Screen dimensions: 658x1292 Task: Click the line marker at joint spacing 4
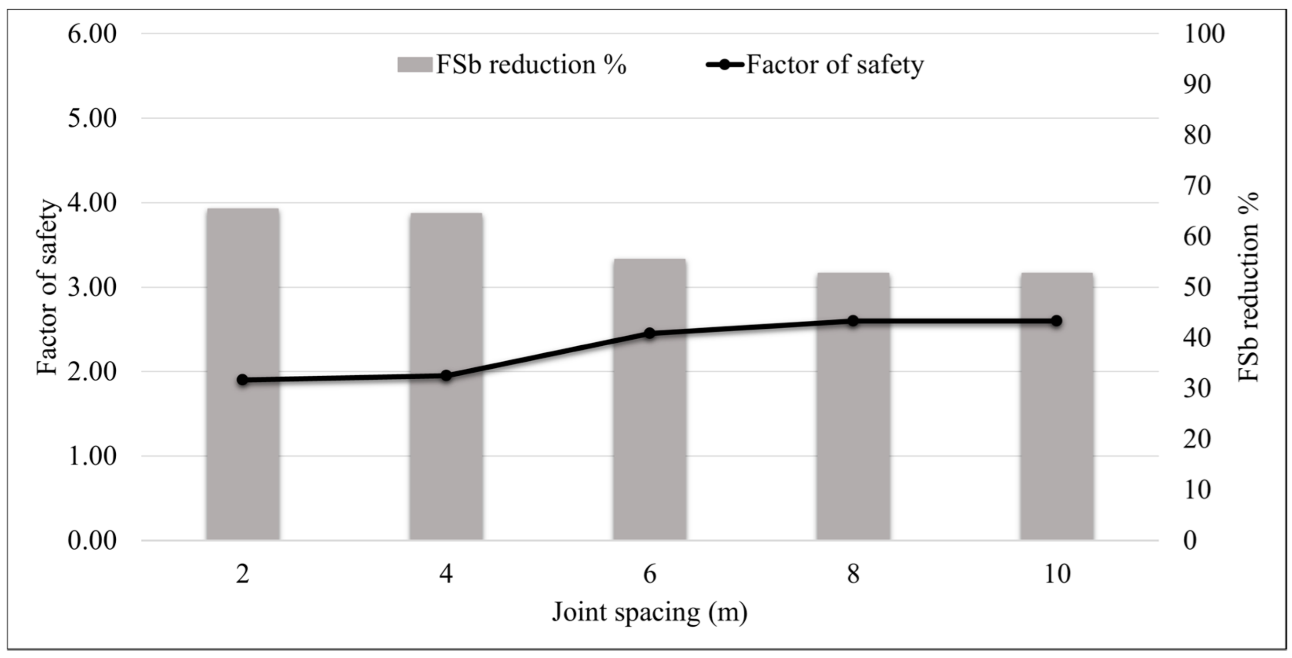[x=446, y=376]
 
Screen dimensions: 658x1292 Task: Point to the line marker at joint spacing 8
[x=853, y=321]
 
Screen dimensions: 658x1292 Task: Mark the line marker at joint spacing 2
[x=243, y=380]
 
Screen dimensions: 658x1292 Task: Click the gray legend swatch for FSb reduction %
[x=415, y=65]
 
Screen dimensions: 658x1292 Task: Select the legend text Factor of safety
[x=835, y=65]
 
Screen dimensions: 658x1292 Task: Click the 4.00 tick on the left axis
[x=92, y=203]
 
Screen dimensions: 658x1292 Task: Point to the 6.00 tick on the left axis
[x=92, y=34]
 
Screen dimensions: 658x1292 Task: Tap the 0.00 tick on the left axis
[x=92, y=541]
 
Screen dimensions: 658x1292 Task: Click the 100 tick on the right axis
[x=1204, y=34]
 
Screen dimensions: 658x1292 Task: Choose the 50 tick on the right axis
[x=1198, y=287]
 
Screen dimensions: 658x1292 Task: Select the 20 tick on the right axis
[x=1198, y=439]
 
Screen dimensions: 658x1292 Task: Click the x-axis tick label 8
[x=853, y=574]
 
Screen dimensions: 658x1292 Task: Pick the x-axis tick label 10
[x=1057, y=574]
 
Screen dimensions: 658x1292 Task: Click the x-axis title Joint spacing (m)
[x=649, y=612]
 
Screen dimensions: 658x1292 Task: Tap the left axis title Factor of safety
[x=48, y=287]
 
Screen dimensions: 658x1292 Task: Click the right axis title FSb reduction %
[x=1248, y=287]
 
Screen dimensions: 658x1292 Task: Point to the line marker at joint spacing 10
[x=1056, y=321]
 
